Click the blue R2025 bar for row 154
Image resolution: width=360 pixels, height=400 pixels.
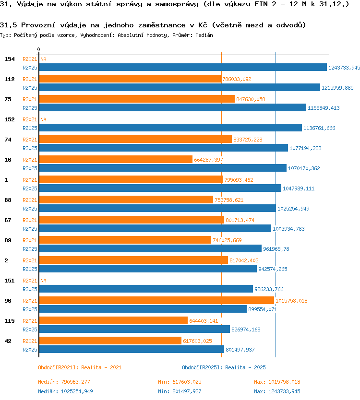pyautogui.click(x=183, y=67)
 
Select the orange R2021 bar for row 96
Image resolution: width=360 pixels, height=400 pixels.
pyautogui.click(x=156, y=301)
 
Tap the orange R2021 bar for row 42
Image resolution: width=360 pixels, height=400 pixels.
pyautogui.click(x=110, y=341)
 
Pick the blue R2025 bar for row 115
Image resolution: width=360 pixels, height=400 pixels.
pyautogui.click(x=134, y=329)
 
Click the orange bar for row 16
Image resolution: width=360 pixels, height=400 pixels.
pyautogui.click(x=116, y=159)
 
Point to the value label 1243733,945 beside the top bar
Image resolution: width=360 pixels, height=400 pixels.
pyautogui.click(x=344, y=68)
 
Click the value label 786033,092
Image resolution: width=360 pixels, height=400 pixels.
pyautogui.click(x=237, y=79)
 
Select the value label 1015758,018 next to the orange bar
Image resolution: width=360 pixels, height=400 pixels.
pyautogui.click(x=291, y=301)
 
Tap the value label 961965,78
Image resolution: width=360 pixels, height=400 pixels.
pyautogui.click(x=276, y=249)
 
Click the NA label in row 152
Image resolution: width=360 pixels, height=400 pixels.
pyautogui.click(x=43, y=119)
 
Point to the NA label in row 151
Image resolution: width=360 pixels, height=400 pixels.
pyautogui.click(x=43, y=281)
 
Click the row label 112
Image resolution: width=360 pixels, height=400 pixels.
pyautogui.click(x=10, y=79)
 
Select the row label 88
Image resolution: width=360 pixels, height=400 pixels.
pyautogui.click(x=8, y=200)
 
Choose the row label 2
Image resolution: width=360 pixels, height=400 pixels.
pyautogui.click(x=6, y=260)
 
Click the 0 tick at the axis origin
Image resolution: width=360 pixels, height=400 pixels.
pyautogui.click(x=38, y=49)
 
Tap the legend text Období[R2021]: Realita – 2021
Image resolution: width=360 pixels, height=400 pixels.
pyautogui.click(x=80, y=367)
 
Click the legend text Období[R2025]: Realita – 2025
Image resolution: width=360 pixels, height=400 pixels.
pyautogui.click(x=224, y=367)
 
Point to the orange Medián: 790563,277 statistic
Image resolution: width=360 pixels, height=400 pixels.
pyautogui.click(x=64, y=382)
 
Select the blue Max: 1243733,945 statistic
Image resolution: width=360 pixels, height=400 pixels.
pyautogui.click(x=277, y=391)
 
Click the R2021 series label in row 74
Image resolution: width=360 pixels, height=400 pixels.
pyautogui.click(x=30, y=140)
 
